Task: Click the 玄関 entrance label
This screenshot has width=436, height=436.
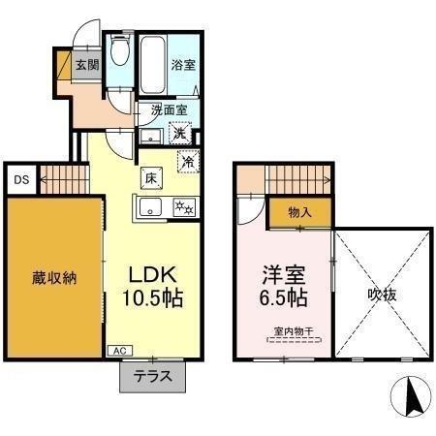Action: click(88, 66)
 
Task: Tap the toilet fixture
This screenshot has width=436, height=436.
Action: click(119, 53)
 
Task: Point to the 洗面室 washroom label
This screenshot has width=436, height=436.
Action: click(168, 110)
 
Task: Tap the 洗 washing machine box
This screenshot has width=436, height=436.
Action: click(180, 135)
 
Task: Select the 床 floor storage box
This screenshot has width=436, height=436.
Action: click(152, 178)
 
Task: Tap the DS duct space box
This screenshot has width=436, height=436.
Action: click(20, 179)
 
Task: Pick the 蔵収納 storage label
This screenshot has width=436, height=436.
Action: click(54, 278)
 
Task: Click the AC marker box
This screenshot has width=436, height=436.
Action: click(119, 351)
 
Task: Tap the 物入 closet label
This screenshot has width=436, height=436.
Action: click(298, 212)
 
